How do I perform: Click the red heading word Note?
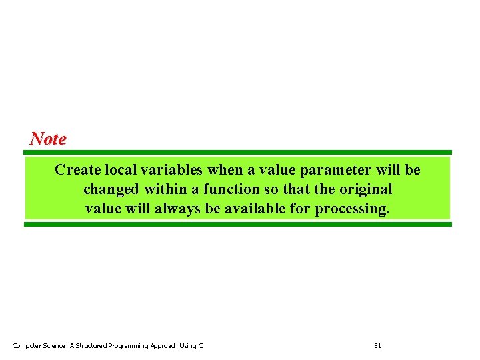click(48, 139)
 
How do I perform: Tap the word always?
click(178, 209)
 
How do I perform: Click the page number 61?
click(378, 345)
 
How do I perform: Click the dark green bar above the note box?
click(238, 152)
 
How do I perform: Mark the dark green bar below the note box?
click(238, 225)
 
